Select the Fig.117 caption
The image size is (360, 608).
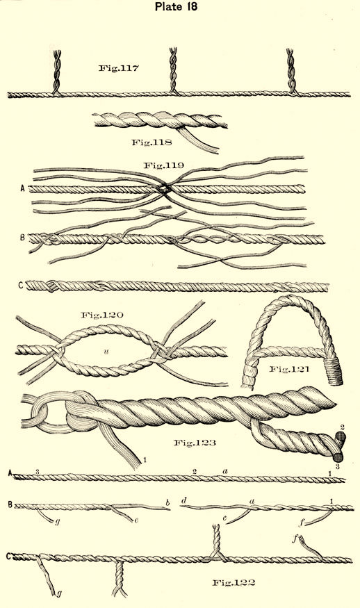click(118, 69)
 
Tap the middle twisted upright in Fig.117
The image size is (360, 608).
click(173, 70)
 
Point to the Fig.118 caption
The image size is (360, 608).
click(152, 142)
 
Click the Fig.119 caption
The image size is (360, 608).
click(164, 165)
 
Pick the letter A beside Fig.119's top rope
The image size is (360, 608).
click(23, 189)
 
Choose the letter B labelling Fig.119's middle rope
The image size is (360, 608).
click(22, 237)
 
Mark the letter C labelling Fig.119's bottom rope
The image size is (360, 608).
click(21, 286)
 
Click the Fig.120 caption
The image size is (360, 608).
click(102, 315)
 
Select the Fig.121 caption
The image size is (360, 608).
click(289, 369)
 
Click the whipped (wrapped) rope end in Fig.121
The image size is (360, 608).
click(334, 372)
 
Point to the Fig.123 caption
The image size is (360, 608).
click(194, 443)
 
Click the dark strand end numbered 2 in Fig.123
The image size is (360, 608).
click(341, 439)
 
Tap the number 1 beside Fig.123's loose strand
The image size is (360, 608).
click(145, 461)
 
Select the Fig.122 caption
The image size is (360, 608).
click(234, 582)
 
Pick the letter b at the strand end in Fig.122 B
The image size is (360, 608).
click(167, 503)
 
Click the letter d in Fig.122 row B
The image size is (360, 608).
click(183, 500)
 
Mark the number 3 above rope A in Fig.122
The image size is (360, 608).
click(38, 471)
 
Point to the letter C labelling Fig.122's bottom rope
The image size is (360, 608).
click(8, 557)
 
